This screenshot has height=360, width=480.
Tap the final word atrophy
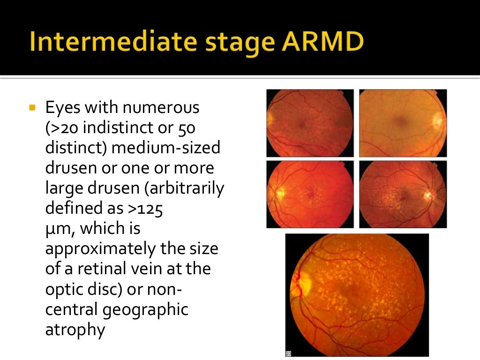(x=75, y=330)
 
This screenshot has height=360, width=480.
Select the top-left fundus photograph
(x=310, y=123)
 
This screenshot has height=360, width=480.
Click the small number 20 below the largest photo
(x=288, y=353)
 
